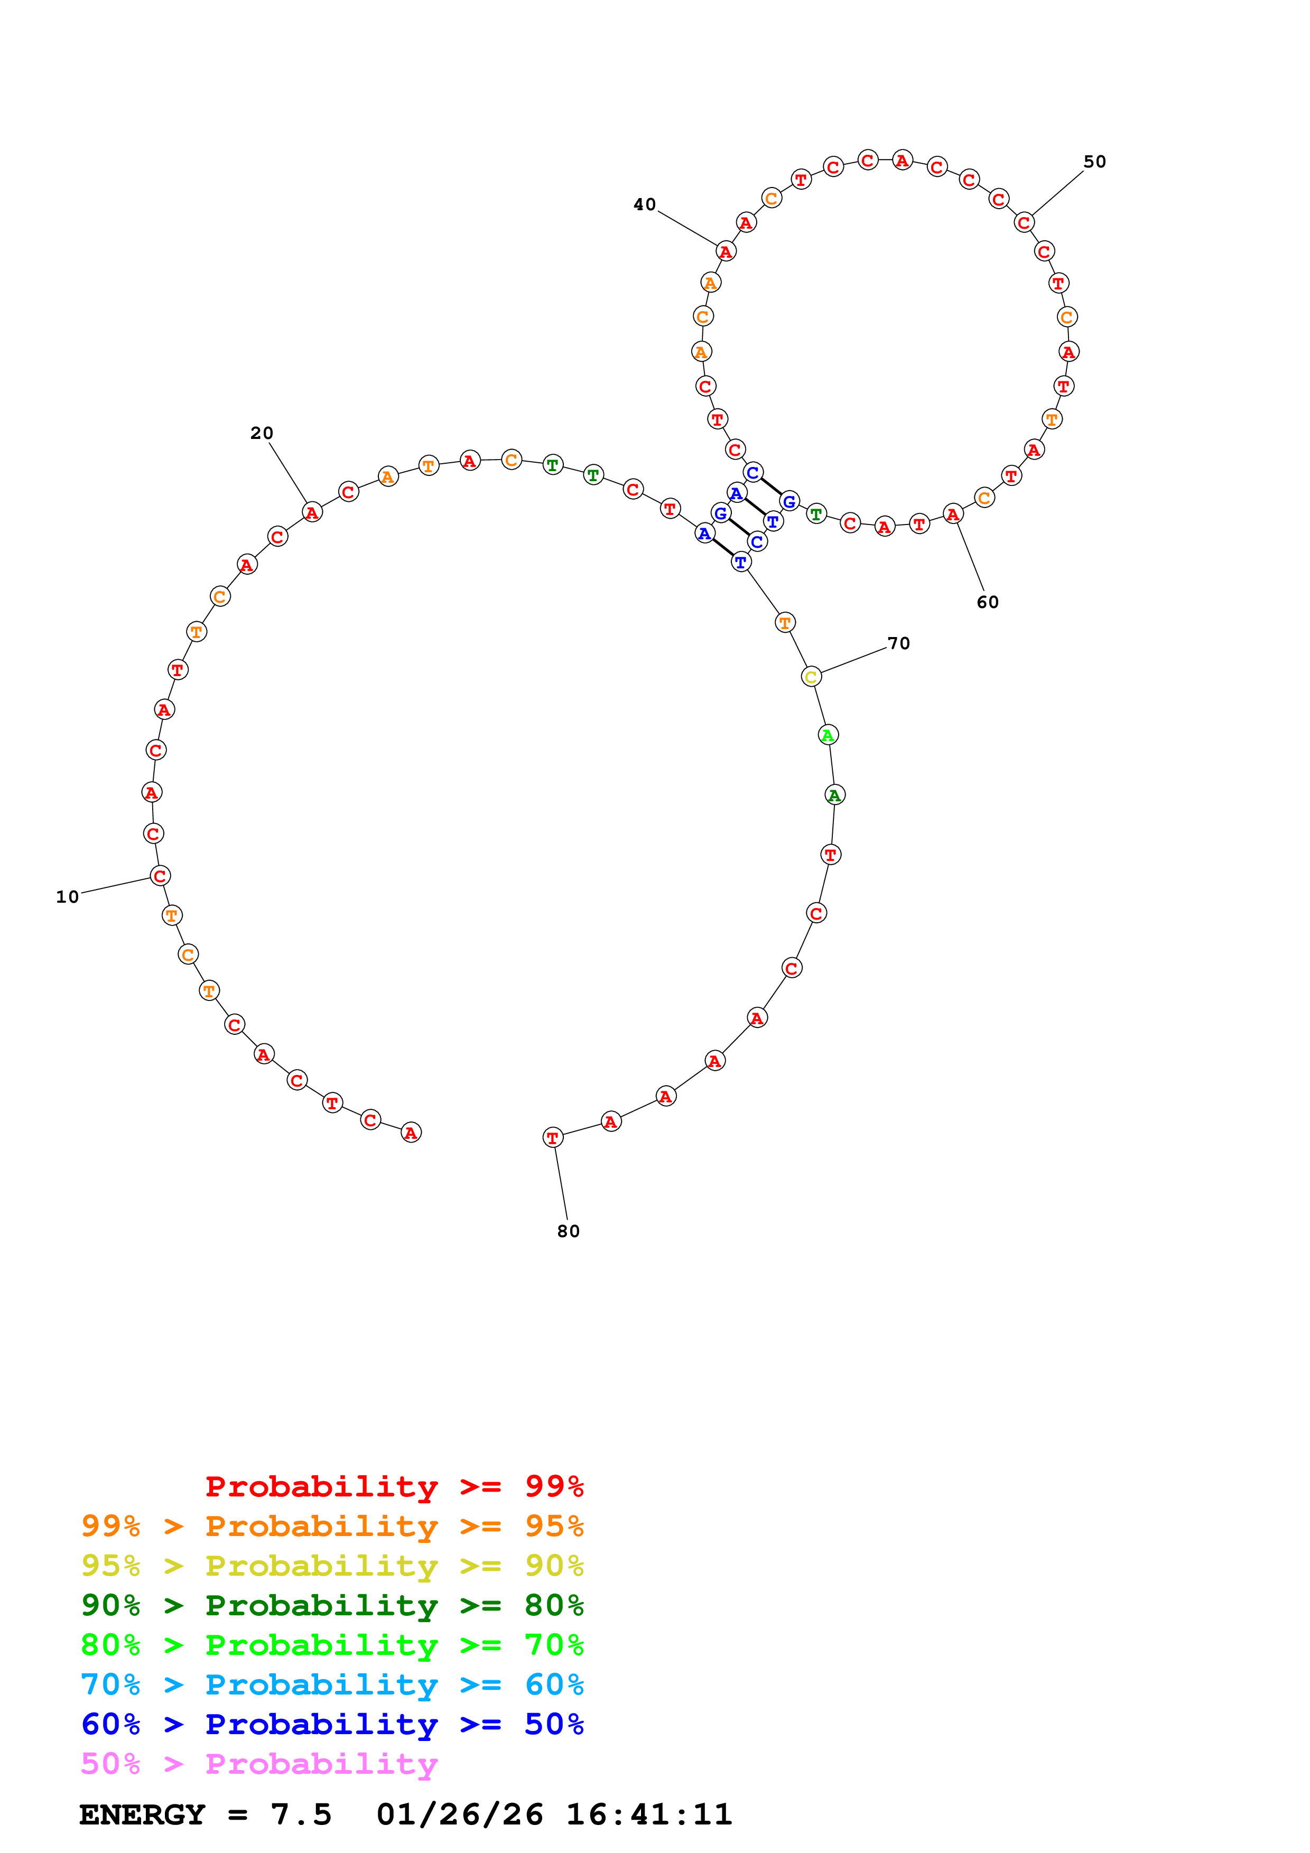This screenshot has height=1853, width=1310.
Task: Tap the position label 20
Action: pyautogui.click(x=262, y=433)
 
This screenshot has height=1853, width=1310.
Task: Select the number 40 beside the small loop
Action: pyautogui.click(x=644, y=205)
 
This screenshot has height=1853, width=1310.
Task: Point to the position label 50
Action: pyautogui.click(x=1094, y=162)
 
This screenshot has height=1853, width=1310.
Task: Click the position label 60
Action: pyautogui.click(x=987, y=603)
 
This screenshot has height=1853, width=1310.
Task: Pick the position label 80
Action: pyautogui.click(x=568, y=1232)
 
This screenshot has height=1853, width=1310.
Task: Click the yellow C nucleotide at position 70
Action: pyautogui.click(x=811, y=677)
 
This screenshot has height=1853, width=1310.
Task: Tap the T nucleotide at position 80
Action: pyautogui.click(x=552, y=1138)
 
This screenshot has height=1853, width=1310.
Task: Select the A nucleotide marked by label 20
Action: pyautogui.click(x=312, y=512)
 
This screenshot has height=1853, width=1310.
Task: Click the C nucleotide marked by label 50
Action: pyautogui.click(x=1024, y=223)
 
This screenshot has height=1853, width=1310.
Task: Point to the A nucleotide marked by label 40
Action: pyautogui.click(x=726, y=252)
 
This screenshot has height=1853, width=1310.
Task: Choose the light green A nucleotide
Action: pyautogui.click(x=828, y=735)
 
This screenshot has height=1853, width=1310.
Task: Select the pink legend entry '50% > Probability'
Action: pyautogui.click(x=259, y=1764)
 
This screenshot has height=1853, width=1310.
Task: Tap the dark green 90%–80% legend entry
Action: pyautogui.click(x=332, y=1605)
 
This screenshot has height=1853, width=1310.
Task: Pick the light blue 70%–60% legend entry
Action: pyautogui.click(x=332, y=1685)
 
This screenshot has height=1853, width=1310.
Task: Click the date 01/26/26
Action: pyautogui.click(x=459, y=1815)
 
